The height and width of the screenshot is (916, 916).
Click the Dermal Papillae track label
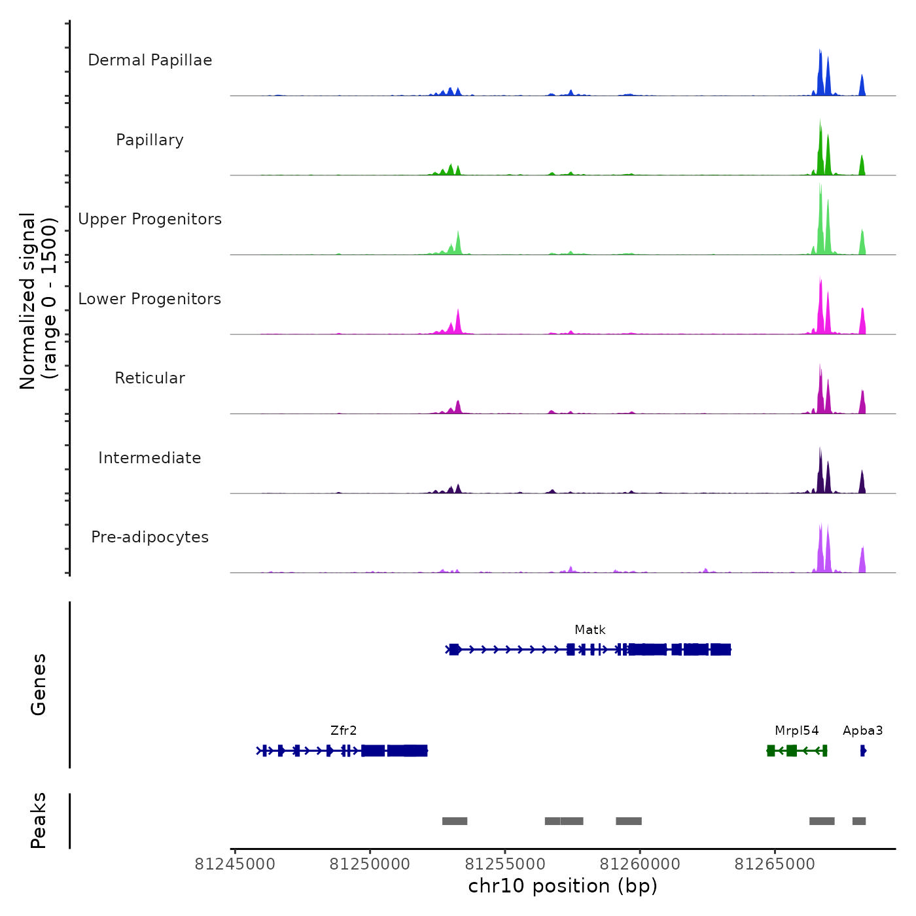click(150, 60)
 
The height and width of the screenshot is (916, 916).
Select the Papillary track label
click(150, 140)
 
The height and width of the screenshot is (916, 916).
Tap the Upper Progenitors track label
click(150, 219)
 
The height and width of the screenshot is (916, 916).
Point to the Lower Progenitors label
click(150, 299)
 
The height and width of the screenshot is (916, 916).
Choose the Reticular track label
click(150, 378)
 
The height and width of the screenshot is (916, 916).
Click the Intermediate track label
click(150, 458)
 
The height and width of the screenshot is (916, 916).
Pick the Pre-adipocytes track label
click(150, 537)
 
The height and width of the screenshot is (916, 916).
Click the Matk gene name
click(590, 630)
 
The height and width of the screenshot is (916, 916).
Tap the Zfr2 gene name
click(343, 731)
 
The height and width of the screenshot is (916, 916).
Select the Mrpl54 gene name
click(796, 731)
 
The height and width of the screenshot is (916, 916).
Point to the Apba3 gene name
click(862, 731)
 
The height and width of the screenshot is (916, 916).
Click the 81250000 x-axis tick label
click(370, 864)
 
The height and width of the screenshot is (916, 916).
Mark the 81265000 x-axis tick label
click(775, 864)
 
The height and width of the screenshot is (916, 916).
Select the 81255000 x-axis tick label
click(504, 864)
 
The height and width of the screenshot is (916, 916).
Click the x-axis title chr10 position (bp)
click(563, 886)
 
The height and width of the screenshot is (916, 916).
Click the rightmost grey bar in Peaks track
click(858, 821)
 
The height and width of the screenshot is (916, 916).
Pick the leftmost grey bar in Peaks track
click(455, 821)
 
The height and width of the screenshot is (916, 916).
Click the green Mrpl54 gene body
click(797, 750)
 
